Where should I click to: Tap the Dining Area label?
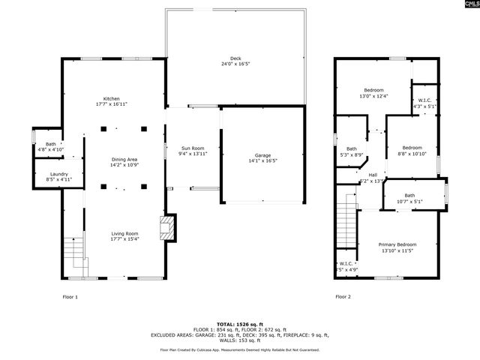click(x=124, y=159)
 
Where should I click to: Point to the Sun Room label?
click(x=193, y=148)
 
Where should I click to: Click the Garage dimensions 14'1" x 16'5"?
click(x=262, y=160)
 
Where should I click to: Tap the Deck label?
click(x=235, y=59)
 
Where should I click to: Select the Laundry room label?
click(x=48, y=175)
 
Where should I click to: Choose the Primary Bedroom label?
click(x=397, y=245)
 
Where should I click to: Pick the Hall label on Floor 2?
click(x=373, y=175)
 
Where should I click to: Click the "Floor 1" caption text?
click(x=70, y=297)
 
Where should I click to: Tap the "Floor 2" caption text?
click(x=343, y=297)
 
